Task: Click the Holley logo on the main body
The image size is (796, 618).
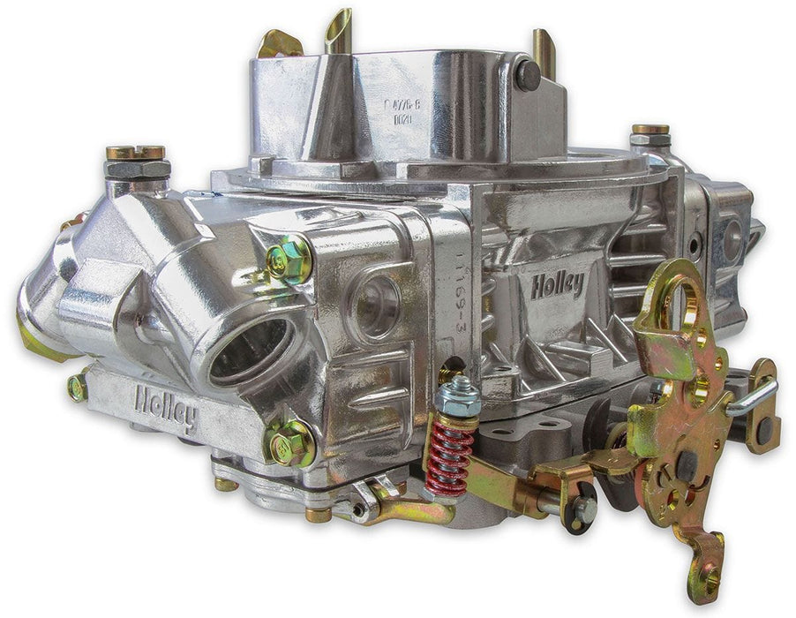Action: click(x=557, y=285)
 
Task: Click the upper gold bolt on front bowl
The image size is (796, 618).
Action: click(x=289, y=260)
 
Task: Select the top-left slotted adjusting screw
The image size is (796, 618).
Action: click(x=136, y=154)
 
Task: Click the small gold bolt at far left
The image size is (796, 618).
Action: click(x=78, y=387)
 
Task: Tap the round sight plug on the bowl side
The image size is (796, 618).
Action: click(x=374, y=305)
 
